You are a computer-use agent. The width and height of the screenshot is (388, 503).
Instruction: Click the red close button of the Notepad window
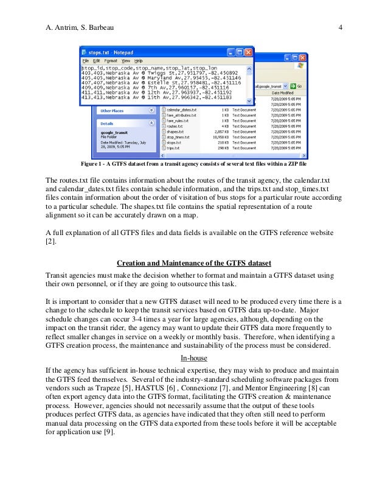click(x=248, y=53)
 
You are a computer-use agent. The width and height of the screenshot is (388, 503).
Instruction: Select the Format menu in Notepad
click(x=111, y=62)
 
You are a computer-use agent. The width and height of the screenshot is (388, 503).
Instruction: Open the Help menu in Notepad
click(x=139, y=62)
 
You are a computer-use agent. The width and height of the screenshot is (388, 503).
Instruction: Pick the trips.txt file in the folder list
click(x=173, y=148)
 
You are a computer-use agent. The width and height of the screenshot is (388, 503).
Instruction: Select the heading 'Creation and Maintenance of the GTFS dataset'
click(x=193, y=263)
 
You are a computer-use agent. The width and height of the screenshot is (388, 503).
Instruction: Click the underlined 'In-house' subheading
click(x=193, y=358)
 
